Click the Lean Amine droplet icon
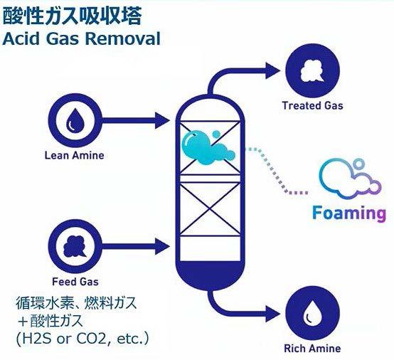(x=75, y=120)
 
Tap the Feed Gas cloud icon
(x=75, y=246)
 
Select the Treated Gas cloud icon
(x=312, y=70)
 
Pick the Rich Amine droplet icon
(x=312, y=313)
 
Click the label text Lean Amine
(x=75, y=155)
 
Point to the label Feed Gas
(x=75, y=282)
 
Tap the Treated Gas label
(x=313, y=105)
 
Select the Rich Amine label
(x=312, y=349)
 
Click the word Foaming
(x=349, y=213)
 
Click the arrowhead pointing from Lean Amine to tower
(x=162, y=120)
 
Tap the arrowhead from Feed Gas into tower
(x=162, y=246)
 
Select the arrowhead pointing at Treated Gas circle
(x=273, y=70)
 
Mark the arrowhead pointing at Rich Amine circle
(x=273, y=313)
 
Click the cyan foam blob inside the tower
(x=206, y=148)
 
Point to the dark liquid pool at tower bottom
(x=210, y=274)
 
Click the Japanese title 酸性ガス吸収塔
(x=72, y=16)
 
